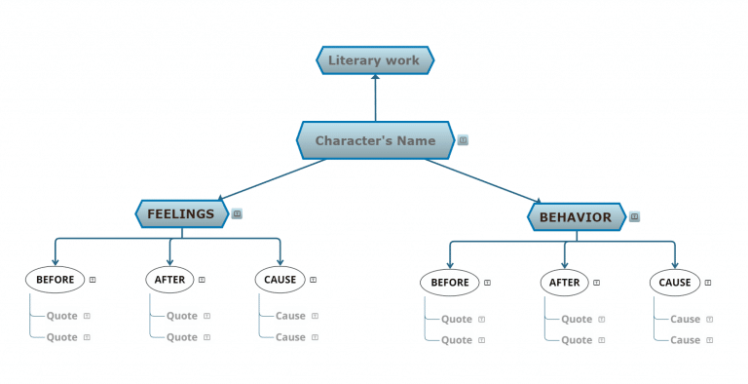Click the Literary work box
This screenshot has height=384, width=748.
click(x=375, y=60)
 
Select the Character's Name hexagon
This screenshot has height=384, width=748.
click(x=375, y=140)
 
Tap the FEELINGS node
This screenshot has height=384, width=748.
click(x=180, y=213)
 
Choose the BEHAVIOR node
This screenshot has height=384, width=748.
click(x=576, y=217)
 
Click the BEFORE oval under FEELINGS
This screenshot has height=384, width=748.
click(x=55, y=280)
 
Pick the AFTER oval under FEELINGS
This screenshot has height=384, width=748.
click(x=169, y=280)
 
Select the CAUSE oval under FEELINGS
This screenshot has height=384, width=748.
click(x=280, y=280)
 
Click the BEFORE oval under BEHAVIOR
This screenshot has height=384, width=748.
click(x=450, y=283)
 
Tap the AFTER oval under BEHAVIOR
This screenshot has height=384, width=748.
click(x=565, y=283)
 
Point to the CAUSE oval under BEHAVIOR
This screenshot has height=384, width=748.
click(x=675, y=283)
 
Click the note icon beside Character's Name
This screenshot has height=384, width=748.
click(x=463, y=140)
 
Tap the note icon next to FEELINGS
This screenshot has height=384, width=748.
click(x=237, y=213)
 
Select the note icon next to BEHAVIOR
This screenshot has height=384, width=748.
click(x=635, y=217)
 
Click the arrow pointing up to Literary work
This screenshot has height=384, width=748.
click(x=375, y=97)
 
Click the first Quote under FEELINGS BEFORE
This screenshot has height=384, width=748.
click(x=61, y=316)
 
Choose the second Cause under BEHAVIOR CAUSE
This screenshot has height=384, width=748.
click(x=685, y=340)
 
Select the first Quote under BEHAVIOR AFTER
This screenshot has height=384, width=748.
click(x=577, y=319)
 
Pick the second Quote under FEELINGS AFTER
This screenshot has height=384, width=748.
click(x=182, y=337)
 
